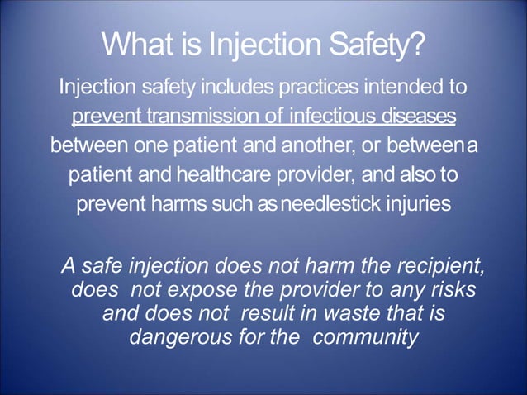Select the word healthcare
click(214, 176)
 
